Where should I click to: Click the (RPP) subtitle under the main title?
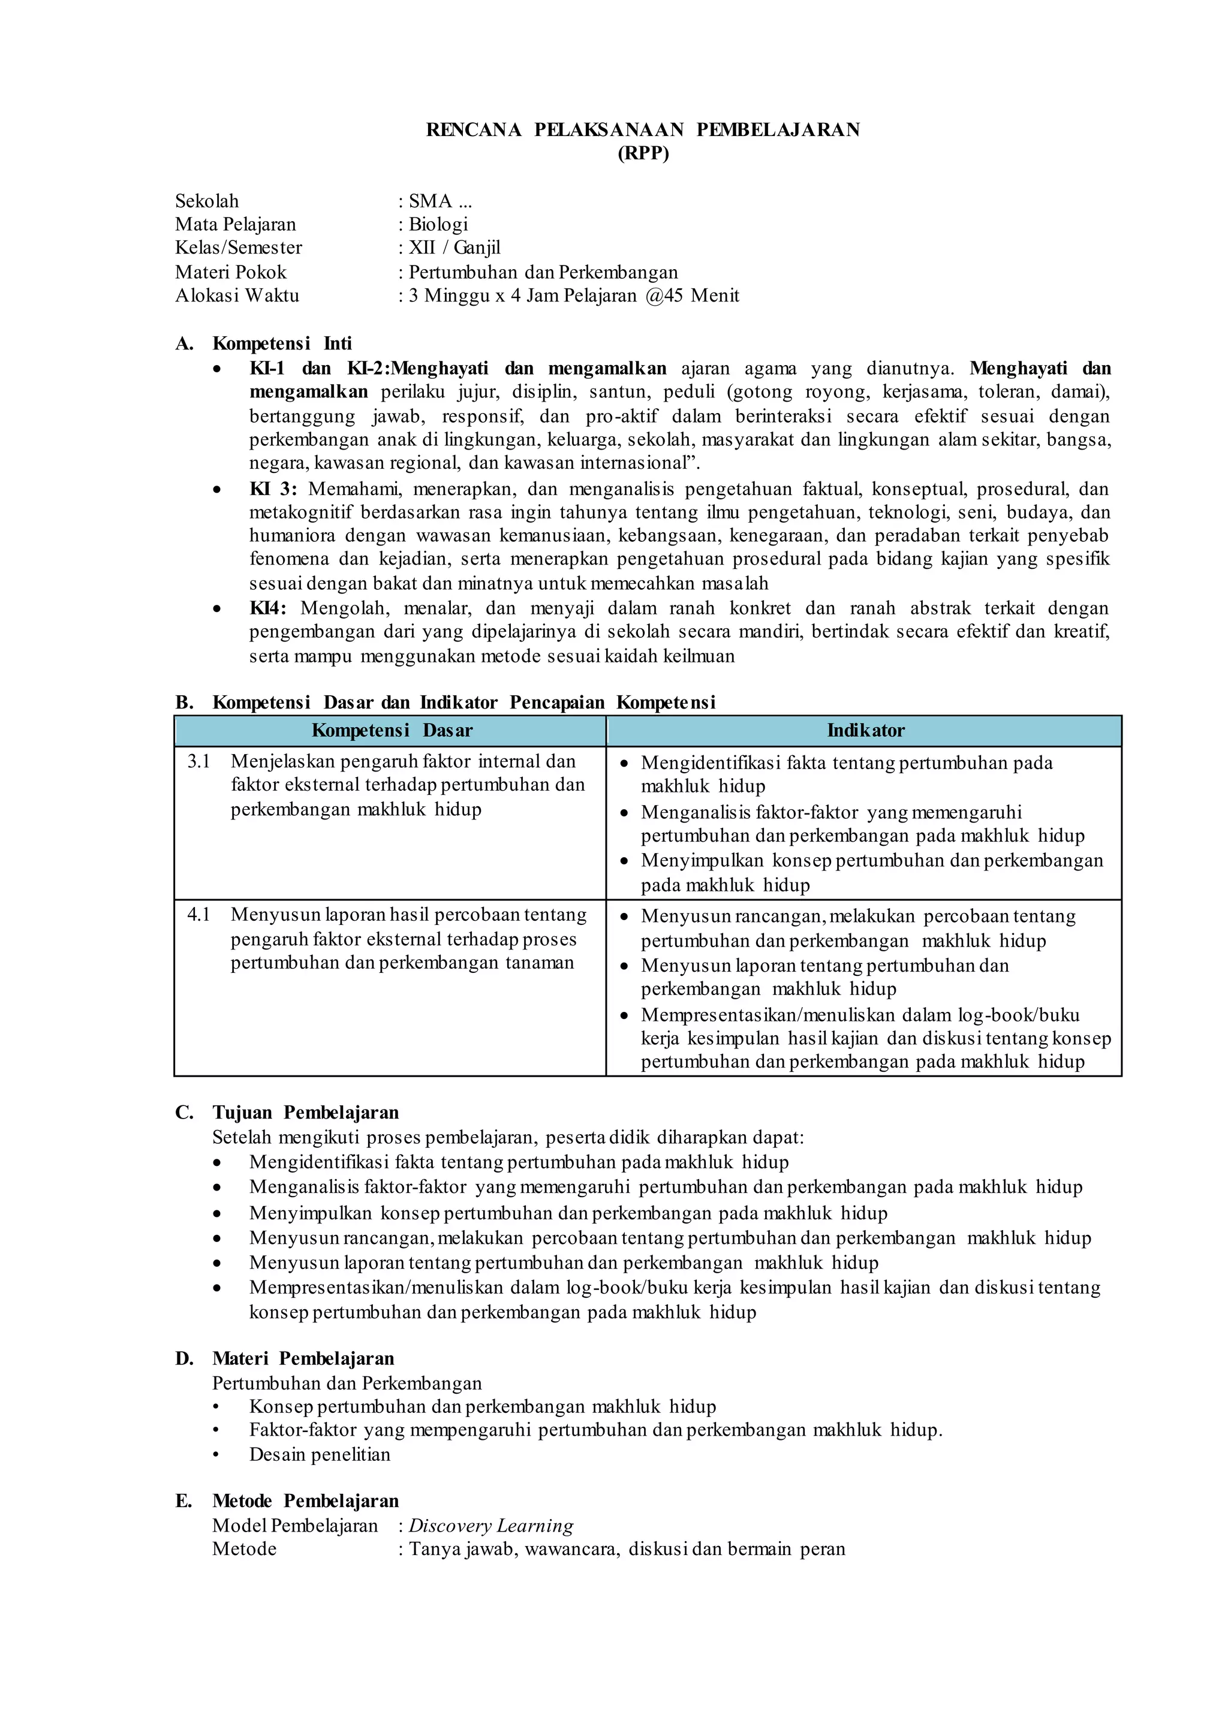(x=643, y=153)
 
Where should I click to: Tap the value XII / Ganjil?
(x=455, y=248)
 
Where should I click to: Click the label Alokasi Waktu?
(x=237, y=296)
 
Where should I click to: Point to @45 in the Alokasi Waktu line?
(x=664, y=296)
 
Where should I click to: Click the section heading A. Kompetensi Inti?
(x=264, y=343)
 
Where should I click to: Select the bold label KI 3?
(x=273, y=489)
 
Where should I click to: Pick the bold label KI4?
(x=267, y=608)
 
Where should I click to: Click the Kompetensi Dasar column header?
(x=392, y=730)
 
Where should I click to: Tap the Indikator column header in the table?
(x=865, y=730)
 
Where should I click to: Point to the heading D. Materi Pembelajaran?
(x=285, y=1359)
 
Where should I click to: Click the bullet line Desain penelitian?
(x=320, y=1455)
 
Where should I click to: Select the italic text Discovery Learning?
(x=490, y=1526)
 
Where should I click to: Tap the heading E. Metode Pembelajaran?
(x=287, y=1501)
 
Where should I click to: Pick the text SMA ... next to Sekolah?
(x=440, y=201)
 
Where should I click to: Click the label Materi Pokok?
(x=231, y=272)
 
